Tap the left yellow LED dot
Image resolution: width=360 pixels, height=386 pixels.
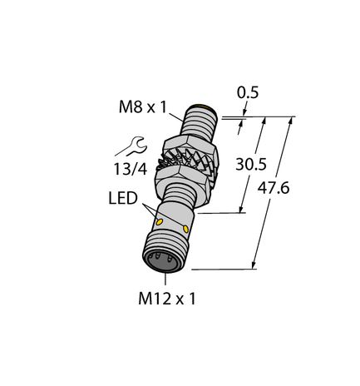pos(159,223)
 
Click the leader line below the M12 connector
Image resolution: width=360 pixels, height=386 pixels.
pos(167,278)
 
